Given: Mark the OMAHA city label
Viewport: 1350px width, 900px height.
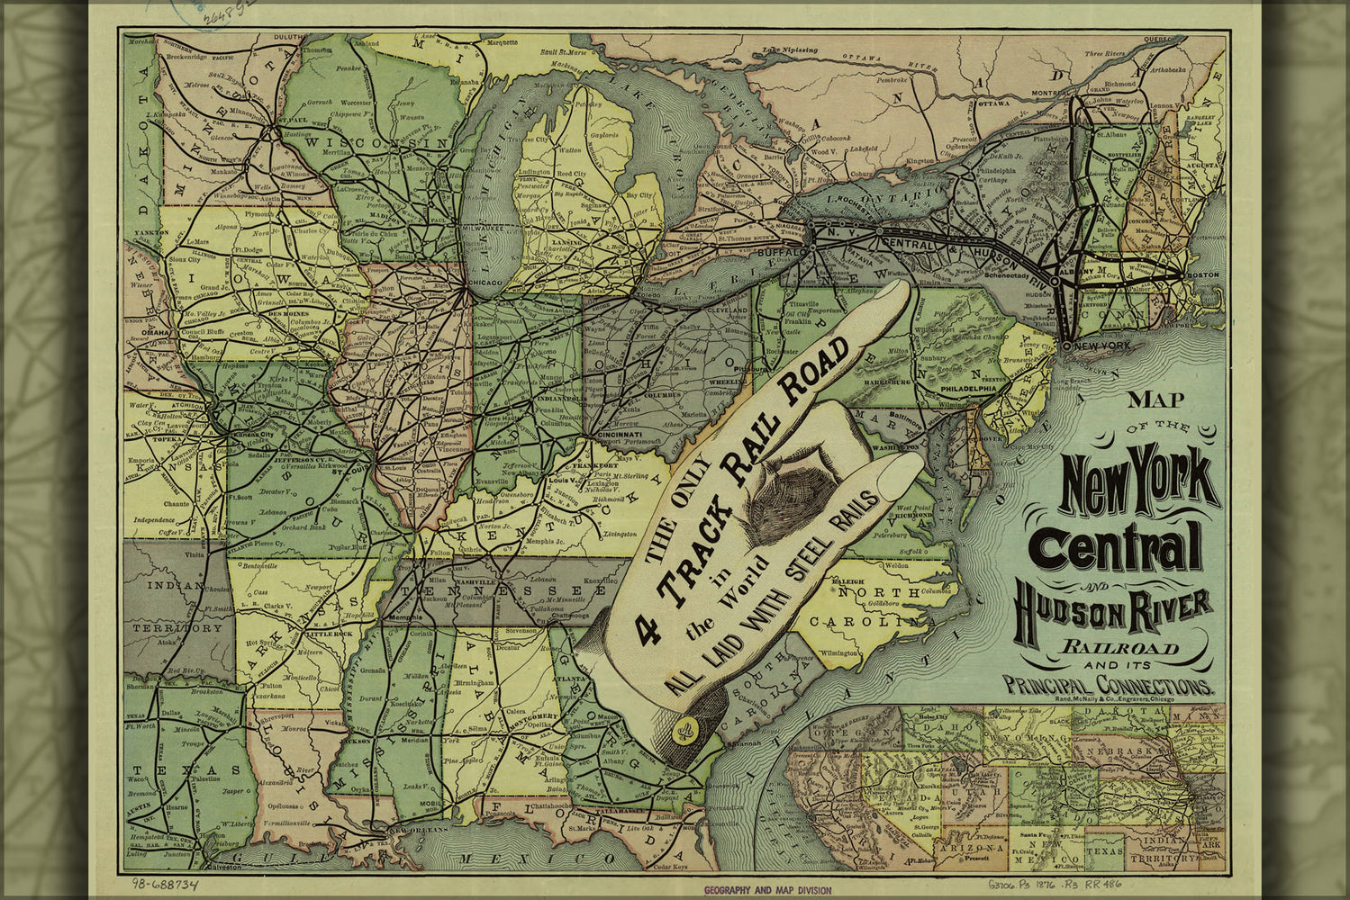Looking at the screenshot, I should pyautogui.click(x=155, y=332).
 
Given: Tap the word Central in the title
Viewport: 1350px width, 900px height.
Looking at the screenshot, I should pyautogui.click(x=1118, y=545).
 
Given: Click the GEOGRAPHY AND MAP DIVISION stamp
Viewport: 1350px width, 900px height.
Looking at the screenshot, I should pyautogui.click(x=767, y=890).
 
